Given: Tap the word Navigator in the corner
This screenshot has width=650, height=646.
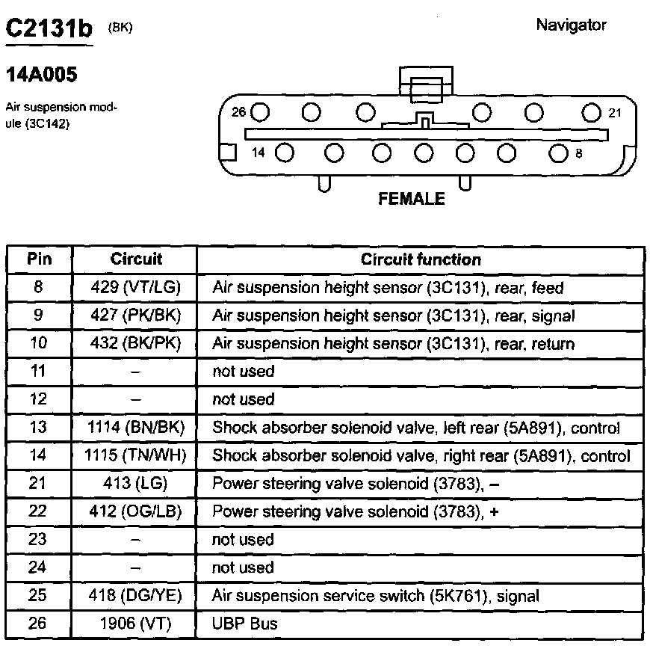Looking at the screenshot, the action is pyautogui.click(x=571, y=25).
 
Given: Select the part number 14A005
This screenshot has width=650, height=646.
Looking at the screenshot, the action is pyautogui.click(x=41, y=75).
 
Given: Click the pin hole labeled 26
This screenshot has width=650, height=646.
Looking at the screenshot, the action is pyautogui.click(x=260, y=113).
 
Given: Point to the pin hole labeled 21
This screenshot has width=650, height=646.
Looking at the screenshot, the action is pyautogui.click(x=591, y=113).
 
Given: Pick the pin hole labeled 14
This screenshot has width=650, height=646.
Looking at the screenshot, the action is pyautogui.click(x=284, y=153).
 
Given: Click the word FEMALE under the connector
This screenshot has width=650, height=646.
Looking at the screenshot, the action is pyautogui.click(x=412, y=199).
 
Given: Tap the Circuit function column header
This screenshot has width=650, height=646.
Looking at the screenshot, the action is pyautogui.click(x=421, y=259).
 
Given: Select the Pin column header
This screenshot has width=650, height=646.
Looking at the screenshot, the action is pyautogui.click(x=40, y=259).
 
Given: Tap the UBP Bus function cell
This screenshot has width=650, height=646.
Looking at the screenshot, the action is pyautogui.click(x=244, y=623).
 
